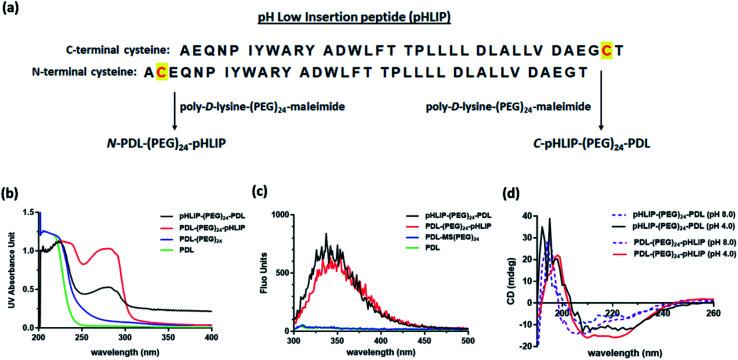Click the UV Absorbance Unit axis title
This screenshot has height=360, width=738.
pyautogui.click(x=8, y=265)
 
